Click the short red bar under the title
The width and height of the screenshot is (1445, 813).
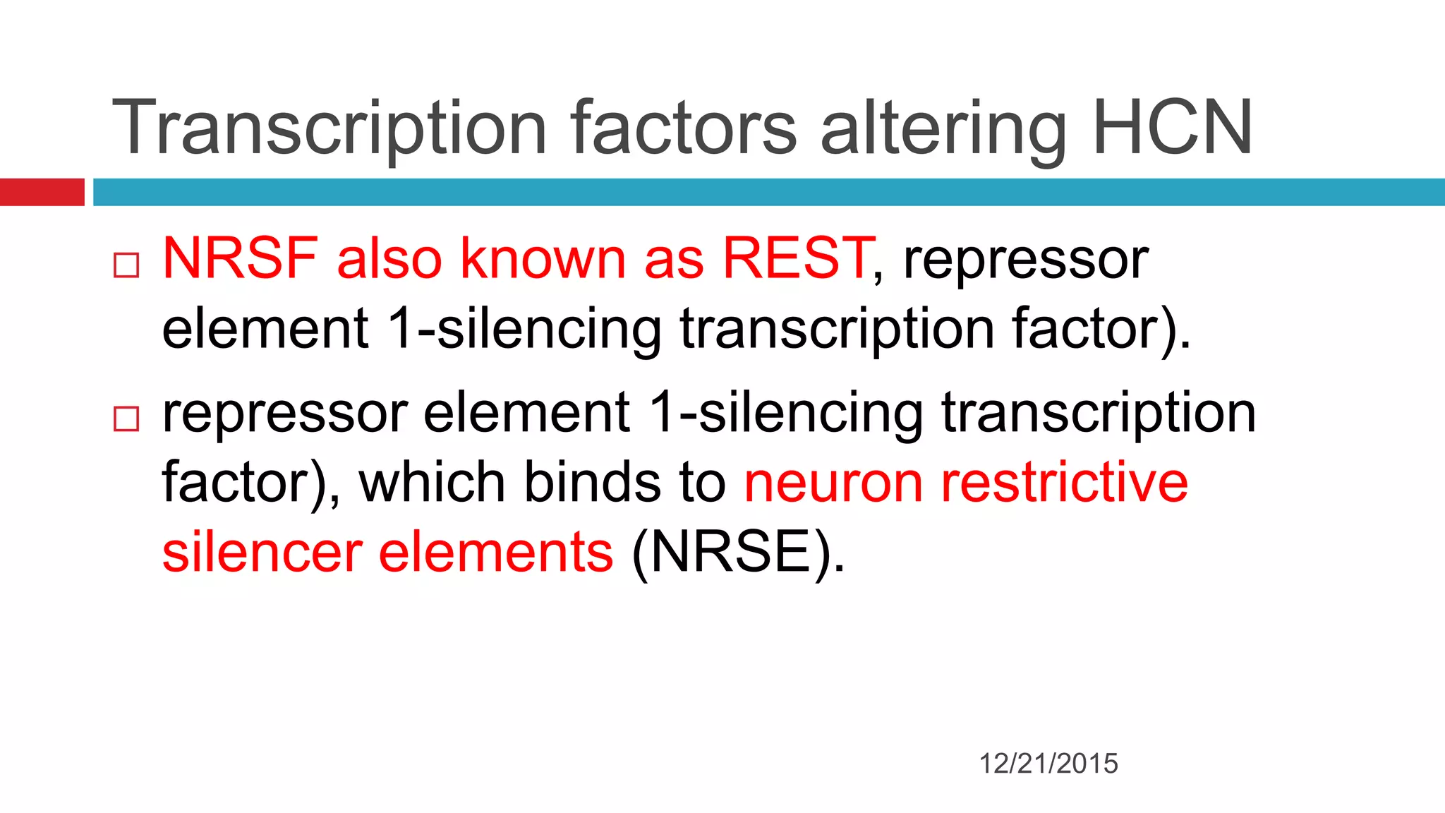click(42, 192)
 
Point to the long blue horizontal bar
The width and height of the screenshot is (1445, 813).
click(768, 192)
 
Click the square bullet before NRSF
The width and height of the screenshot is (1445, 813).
click(126, 265)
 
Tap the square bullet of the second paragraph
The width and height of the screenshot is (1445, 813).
click(126, 418)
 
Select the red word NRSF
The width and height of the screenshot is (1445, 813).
click(240, 258)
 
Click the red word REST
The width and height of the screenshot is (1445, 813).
click(797, 258)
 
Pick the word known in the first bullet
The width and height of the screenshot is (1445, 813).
click(543, 258)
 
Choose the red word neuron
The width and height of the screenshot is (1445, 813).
click(833, 484)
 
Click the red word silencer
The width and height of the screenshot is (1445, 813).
click(262, 553)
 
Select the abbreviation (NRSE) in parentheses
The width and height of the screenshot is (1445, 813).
click(738, 553)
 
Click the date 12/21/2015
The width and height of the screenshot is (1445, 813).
click(1048, 764)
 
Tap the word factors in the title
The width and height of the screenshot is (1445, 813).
click(684, 128)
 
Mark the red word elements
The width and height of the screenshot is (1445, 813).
click(496, 553)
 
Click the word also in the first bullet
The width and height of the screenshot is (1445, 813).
click(389, 258)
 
